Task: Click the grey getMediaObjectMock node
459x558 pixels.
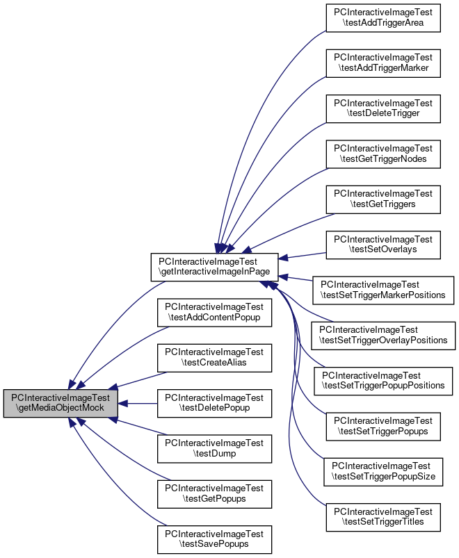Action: (x=61, y=403)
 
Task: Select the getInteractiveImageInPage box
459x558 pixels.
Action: (x=216, y=267)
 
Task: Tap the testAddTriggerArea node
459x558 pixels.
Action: (x=383, y=17)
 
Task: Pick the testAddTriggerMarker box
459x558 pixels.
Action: (x=383, y=62)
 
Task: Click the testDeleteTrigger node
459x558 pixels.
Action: (x=383, y=106)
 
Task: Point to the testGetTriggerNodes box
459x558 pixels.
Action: (x=383, y=154)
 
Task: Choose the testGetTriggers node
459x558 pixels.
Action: (x=383, y=198)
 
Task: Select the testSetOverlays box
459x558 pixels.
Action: (x=383, y=244)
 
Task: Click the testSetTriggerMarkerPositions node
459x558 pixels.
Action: (x=383, y=289)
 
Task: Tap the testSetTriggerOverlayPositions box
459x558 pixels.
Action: (x=383, y=335)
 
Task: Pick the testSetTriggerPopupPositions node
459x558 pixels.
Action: (x=383, y=379)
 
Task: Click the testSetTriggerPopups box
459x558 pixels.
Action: (x=383, y=425)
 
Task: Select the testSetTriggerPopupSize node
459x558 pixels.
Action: (x=383, y=470)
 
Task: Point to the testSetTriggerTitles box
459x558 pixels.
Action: (x=383, y=516)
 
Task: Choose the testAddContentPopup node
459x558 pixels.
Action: (x=214, y=312)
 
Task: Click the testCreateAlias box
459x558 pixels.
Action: (x=214, y=357)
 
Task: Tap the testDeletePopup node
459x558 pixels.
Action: (x=214, y=403)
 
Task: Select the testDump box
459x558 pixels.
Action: (x=214, y=448)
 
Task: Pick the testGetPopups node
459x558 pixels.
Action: (x=214, y=493)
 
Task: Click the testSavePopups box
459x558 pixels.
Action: (x=214, y=539)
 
